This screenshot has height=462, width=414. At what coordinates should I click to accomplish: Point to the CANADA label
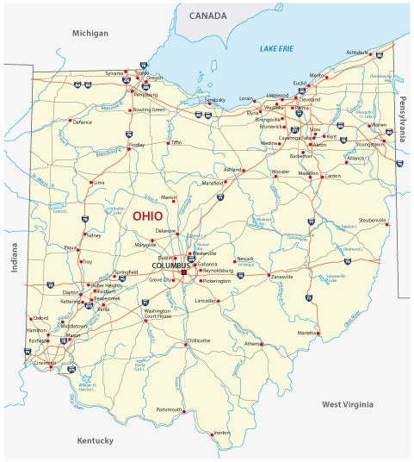208,16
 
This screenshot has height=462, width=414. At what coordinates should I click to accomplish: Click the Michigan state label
90,33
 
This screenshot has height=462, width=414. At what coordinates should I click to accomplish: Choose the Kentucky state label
95,440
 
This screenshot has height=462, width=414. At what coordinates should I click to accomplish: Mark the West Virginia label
348,403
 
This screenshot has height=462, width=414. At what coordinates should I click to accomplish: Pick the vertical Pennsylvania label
402,118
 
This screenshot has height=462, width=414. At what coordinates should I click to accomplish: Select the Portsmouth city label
169,409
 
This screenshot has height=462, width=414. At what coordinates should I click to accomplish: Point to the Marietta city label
306,331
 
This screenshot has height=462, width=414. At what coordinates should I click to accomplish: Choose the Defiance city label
82,122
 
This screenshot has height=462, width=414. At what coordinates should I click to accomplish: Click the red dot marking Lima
90,183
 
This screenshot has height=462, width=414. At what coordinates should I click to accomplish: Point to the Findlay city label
137,146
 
